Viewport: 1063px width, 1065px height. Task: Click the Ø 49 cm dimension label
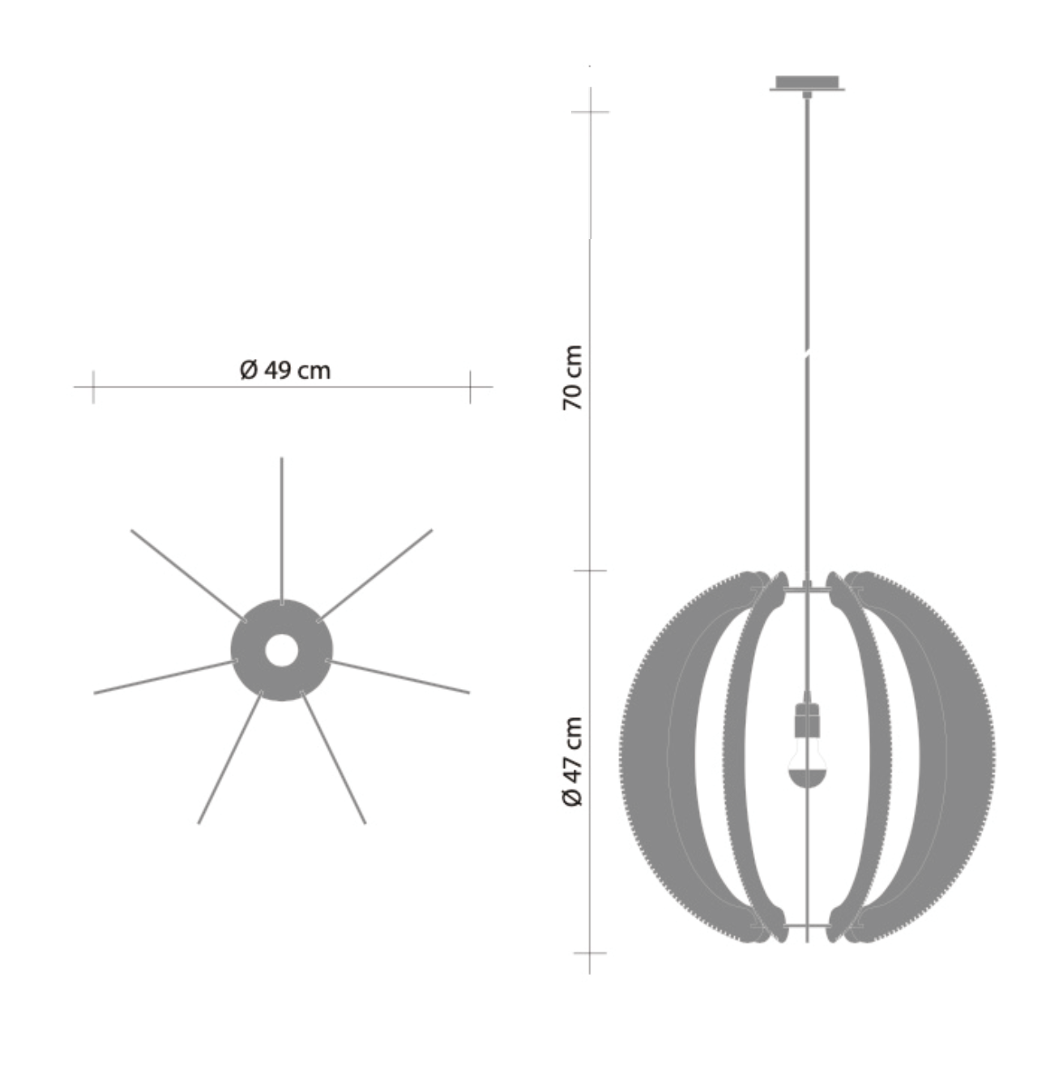285,370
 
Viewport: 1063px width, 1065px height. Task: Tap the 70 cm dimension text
573,378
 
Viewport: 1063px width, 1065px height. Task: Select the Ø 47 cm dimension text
573,762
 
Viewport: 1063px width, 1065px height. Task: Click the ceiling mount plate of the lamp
806,83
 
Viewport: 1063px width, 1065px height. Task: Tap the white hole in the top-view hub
281,650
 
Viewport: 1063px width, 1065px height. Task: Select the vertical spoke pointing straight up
281,527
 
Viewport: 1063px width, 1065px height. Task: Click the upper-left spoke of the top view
186,573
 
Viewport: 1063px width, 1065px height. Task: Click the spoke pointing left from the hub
162,678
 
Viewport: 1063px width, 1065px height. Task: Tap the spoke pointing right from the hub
399,677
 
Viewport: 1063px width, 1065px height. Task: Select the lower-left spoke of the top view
230,758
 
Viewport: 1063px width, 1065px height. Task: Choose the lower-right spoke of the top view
333,758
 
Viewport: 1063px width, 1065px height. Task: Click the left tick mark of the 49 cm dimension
93,387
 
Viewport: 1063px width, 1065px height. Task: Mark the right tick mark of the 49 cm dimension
470,387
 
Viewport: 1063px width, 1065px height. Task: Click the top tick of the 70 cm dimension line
590,112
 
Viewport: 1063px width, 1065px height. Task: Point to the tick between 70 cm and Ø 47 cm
590,571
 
